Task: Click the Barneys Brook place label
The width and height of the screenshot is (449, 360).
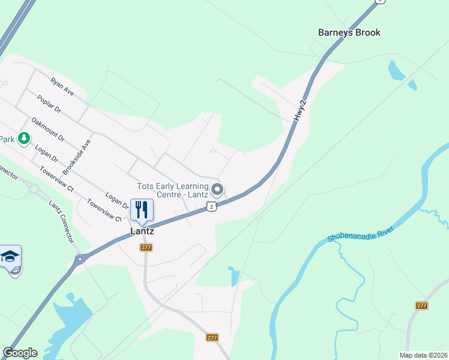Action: [x=349, y=32]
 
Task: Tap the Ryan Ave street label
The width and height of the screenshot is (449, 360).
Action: [x=61, y=86]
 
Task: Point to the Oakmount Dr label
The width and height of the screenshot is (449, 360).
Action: [x=47, y=128]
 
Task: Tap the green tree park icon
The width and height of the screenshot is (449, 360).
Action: [x=23, y=139]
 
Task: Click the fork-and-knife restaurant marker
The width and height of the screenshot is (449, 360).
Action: [x=142, y=209]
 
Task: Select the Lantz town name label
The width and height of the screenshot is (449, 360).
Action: [x=142, y=231]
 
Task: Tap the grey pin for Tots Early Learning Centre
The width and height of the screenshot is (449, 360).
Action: [x=217, y=190]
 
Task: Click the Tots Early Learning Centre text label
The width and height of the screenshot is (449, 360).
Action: [x=173, y=190]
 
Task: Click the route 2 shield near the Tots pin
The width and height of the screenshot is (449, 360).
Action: [x=211, y=206]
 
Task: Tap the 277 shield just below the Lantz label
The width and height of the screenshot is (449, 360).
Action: [x=146, y=247]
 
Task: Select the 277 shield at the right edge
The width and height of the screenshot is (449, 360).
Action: [x=421, y=305]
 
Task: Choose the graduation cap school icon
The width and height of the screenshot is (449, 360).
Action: [x=10, y=256]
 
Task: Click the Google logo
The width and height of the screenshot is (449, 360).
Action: [x=20, y=353]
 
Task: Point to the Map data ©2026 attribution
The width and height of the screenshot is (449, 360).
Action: [x=423, y=355]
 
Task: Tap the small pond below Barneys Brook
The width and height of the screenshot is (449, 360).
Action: [x=397, y=71]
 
